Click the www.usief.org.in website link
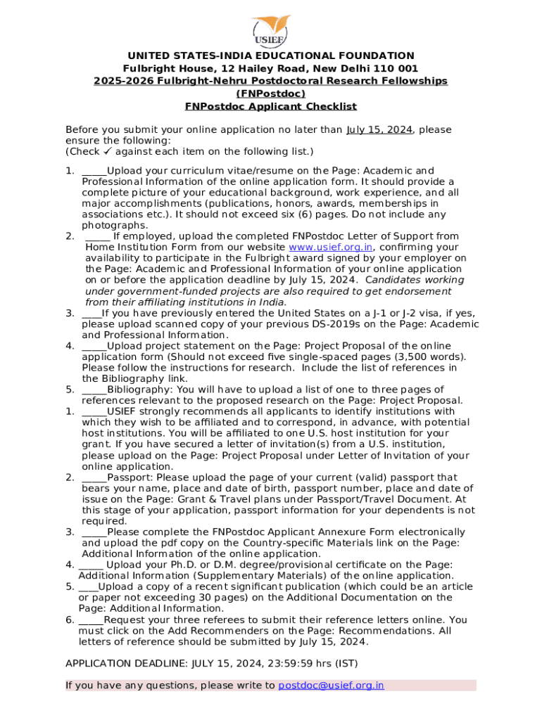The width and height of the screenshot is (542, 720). point(330,247)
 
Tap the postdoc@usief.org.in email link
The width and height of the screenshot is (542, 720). point(331,686)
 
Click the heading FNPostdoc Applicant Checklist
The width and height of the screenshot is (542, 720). point(270,107)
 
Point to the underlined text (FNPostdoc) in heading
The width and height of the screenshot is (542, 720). point(270,94)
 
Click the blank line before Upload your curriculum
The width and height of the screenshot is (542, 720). point(94,171)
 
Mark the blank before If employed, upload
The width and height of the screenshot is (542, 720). point(97,236)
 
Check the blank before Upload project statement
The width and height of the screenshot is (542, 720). point(94,346)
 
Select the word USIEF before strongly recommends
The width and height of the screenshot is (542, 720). point(122,412)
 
